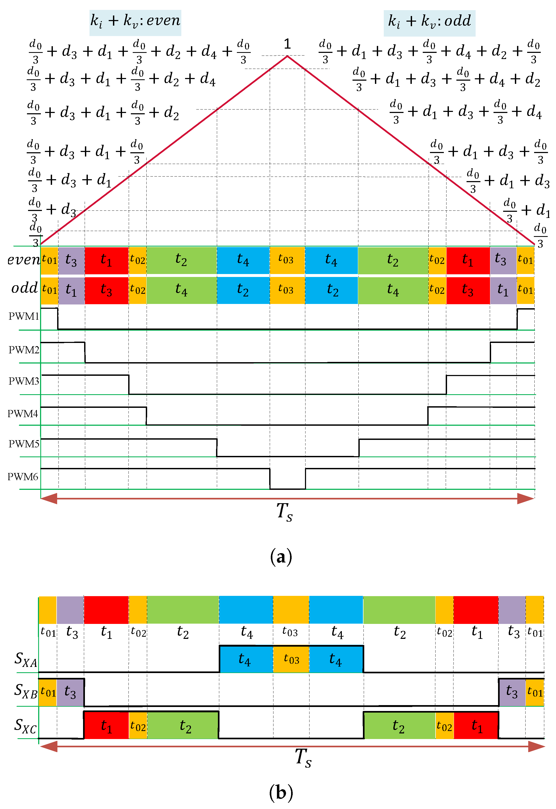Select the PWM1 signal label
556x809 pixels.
click(x=24, y=316)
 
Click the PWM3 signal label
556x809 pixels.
click(x=24, y=381)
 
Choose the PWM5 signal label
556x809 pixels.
click(x=24, y=444)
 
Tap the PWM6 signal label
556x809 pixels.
click(x=23, y=477)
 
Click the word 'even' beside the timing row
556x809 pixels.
click(x=23, y=260)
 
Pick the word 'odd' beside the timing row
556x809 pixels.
click(x=24, y=288)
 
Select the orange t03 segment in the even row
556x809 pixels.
click(x=287, y=260)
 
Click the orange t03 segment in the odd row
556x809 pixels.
click(x=287, y=290)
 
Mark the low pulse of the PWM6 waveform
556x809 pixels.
click(x=287, y=479)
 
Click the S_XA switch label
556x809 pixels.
click(x=26, y=659)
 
